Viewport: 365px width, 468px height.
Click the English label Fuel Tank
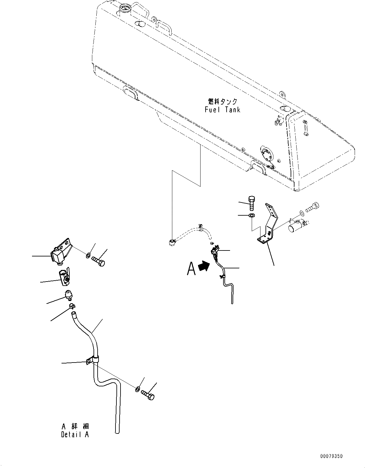(222, 110)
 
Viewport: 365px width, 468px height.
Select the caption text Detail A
(75, 434)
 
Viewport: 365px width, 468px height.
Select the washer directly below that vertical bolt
(252, 216)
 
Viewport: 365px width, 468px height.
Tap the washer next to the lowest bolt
(138, 390)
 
